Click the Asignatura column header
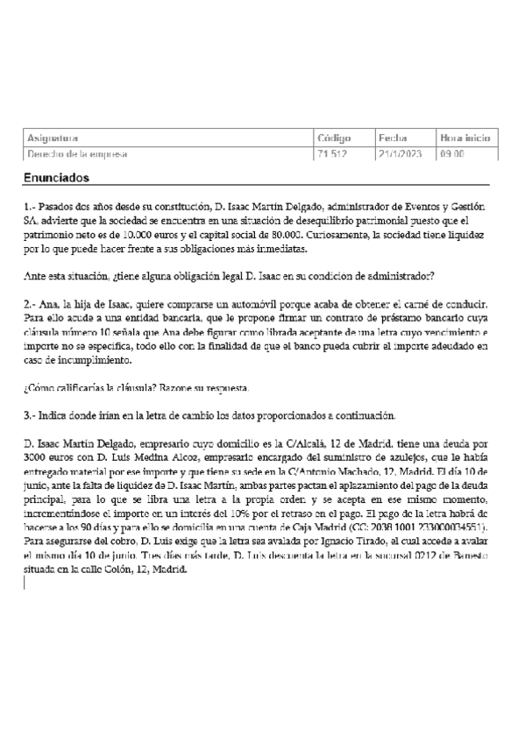(53, 138)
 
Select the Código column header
(334, 138)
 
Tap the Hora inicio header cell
(465, 138)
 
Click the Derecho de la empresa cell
(78, 154)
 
